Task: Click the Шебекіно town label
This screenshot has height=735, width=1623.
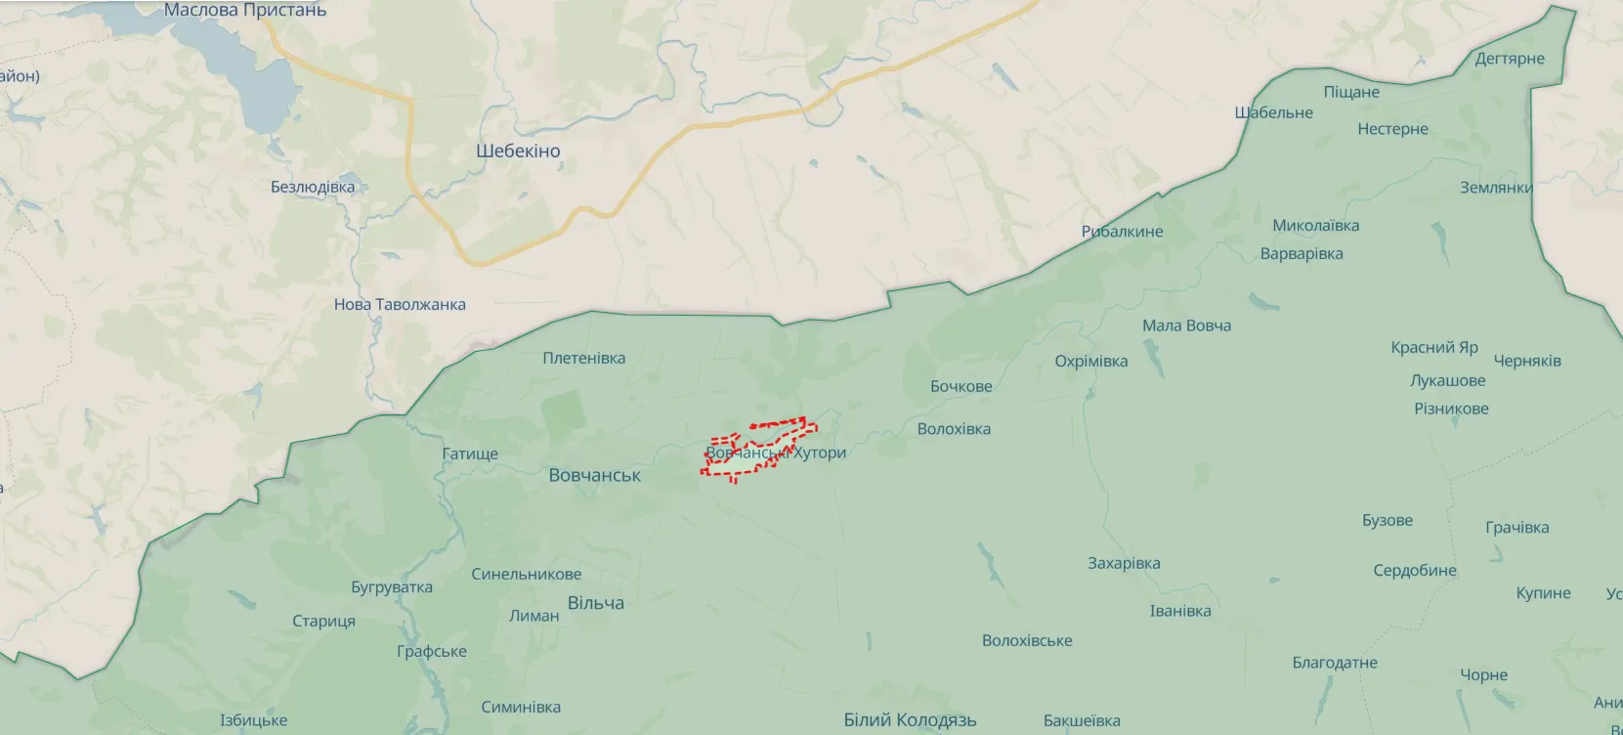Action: (518, 151)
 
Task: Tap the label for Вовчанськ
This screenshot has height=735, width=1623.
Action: (594, 476)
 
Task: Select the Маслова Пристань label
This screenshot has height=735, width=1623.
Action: (245, 11)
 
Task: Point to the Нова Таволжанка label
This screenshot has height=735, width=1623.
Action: (400, 305)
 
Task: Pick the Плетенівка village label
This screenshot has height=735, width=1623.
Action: (583, 359)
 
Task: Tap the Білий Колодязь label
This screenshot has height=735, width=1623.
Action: (910, 720)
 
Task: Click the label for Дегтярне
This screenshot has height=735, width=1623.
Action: (1510, 59)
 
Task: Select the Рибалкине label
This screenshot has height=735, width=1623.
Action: (1122, 232)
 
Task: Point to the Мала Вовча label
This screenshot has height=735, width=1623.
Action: (1186, 325)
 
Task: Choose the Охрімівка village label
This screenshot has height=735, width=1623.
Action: (1090, 362)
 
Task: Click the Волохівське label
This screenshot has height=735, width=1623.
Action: (1027, 641)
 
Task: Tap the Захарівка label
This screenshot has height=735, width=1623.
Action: (1124, 564)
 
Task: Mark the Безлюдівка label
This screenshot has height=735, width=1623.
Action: (313, 187)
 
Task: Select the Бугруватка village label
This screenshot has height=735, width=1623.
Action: (391, 587)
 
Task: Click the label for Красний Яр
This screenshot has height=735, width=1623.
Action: (1434, 348)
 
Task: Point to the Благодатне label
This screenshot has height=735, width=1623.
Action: (1335, 663)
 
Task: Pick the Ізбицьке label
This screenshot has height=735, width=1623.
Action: (253, 721)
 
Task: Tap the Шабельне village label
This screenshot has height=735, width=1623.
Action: (1273, 112)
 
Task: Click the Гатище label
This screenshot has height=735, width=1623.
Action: (470, 454)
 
